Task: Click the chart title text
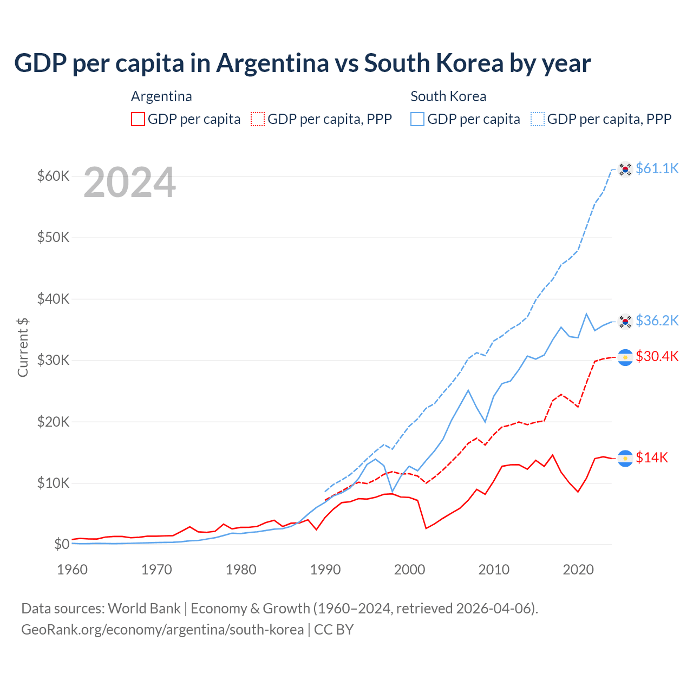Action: pos(302,63)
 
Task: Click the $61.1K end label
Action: pos(657,168)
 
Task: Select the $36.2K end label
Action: pos(657,321)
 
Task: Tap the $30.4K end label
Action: pos(657,356)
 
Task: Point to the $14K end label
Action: pos(652,457)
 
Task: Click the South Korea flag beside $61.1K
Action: pos(625,169)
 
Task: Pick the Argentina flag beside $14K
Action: pos(625,458)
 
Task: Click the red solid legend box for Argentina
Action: pos(138,119)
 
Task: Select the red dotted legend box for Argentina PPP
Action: pos(258,119)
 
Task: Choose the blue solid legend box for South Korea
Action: pos(417,119)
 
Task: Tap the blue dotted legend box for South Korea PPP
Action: pos(538,119)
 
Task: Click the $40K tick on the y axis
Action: pos(53,299)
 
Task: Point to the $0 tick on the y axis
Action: pos(62,544)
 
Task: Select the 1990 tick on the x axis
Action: pos(325,570)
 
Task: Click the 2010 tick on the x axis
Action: pos(494,570)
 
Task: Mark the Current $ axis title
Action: pos(23,347)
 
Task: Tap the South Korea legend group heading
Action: pos(448,96)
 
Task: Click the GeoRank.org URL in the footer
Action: pos(162,630)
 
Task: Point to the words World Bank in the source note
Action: pos(144,609)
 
